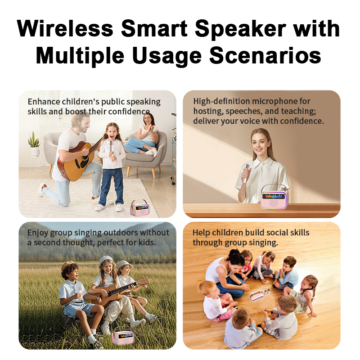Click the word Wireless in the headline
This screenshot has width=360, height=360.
pyautogui.click(x=65, y=28)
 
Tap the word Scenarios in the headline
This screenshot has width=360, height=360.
pyautogui.click(x=265, y=55)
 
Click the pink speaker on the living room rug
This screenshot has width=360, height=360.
pyautogui.click(x=139, y=207)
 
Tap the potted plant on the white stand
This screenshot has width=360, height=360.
pyautogui.click(x=35, y=144)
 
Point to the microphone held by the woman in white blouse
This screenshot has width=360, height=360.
pyautogui.click(x=246, y=173)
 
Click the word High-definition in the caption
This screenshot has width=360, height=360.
pyautogui.click(x=221, y=101)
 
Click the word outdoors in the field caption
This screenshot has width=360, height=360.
pyautogui.click(x=121, y=233)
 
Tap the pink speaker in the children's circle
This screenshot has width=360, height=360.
pyautogui.click(x=256, y=295)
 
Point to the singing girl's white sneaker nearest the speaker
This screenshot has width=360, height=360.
pyautogui.click(x=119, y=207)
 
